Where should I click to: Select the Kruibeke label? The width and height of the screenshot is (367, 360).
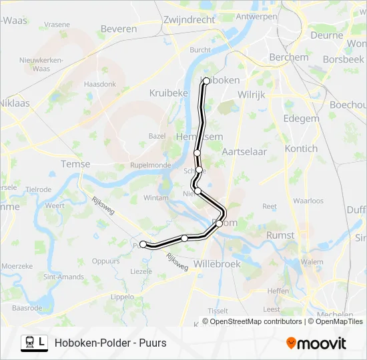(168, 93)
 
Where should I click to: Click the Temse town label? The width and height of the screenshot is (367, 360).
(75, 164)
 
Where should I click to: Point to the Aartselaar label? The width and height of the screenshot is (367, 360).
(244, 151)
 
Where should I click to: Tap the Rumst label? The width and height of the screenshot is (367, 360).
(280, 235)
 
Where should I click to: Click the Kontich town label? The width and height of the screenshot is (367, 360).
(301, 148)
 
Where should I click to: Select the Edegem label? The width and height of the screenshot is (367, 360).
(302, 118)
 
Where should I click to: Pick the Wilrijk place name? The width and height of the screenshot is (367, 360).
(252, 95)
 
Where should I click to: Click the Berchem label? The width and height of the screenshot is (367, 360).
(288, 57)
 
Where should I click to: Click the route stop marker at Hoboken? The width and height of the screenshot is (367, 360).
(206, 81)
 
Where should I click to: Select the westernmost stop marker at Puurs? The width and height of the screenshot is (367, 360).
(143, 245)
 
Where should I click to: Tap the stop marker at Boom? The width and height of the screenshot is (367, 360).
(219, 223)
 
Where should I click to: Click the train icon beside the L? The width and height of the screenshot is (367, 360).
(29, 342)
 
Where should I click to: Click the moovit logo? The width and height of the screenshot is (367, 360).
(316, 343)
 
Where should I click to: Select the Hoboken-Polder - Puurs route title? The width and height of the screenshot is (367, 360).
(111, 343)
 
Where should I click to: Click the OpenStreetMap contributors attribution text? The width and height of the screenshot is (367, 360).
(255, 321)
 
